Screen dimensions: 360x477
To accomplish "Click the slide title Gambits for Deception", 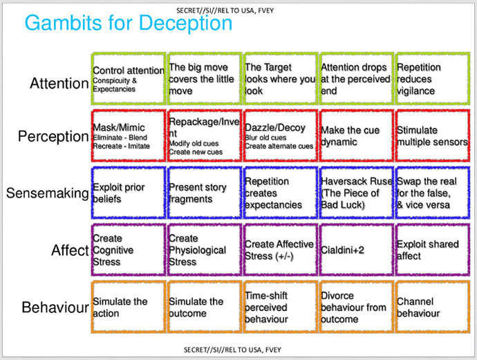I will click(x=129, y=23).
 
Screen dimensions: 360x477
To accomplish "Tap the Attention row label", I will click(x=59, y=84).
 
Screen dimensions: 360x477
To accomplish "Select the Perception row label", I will click(x=54, y=136).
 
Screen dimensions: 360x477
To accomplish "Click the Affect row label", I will click(x=70, y=249).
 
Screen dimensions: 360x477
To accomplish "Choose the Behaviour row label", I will click(x=55, y=307).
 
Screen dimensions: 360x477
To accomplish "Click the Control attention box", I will click(x=129, y=79).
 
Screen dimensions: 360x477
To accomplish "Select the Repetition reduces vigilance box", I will click(x=431, y=79).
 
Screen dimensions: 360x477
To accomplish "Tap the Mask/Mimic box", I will click(x=129, y=136).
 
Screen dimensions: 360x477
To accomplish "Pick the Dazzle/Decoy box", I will click(x=280, y=136).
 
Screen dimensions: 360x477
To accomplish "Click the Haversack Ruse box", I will click(x=356, y=193).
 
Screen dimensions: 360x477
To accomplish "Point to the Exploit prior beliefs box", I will click(x=129, y=193).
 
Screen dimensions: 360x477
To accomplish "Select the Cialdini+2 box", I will click(x=356, y=250).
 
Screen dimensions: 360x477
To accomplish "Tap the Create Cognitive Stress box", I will click(x=129, y=250).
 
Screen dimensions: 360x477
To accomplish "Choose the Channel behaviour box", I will click(x=431, y=307).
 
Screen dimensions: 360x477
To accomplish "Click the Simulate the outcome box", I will click(x=204, y=307).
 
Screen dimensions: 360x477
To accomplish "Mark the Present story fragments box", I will click(x=204, y=193).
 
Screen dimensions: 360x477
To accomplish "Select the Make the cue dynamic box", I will click(x=356, y=136).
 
